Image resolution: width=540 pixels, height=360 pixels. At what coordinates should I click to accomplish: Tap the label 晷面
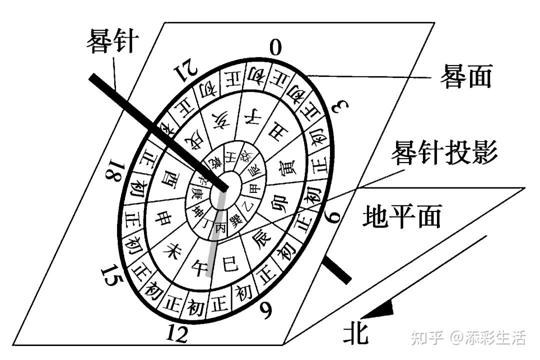point(465,76)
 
